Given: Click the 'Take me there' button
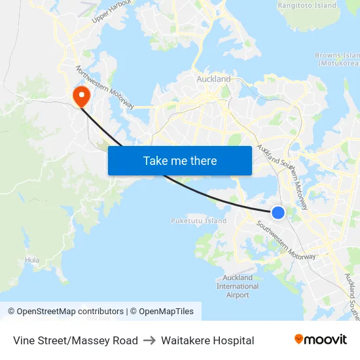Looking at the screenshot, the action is pyautogui.click(x=180, y=160).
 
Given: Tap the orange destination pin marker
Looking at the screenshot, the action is pyautogui.click(x=82, y=96).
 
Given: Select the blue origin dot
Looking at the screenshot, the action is pyautogui.click(x=278, y=212).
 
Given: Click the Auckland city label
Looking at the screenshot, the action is pyautogui.click(x=213, y=79).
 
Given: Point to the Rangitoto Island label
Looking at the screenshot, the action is pyautogui.click(x=307, y=5).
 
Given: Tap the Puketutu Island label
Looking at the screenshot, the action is pyautogui.click(x=198, y=221).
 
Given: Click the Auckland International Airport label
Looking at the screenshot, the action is pyautogui.click(x=238, y=286).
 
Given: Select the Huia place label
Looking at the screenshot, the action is pyautogui.click(x=32, y=260).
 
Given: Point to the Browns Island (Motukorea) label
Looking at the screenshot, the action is pyautogui.click(x=337, y=60).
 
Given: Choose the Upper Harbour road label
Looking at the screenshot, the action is pyautogui.click(x=112, y=11).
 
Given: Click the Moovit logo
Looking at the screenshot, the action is pyautogui.click(x=321, y=339).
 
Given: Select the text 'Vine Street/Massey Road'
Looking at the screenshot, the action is pyautogui.click(x=75, y=340).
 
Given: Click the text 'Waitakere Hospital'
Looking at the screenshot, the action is pyautogui.click(x=207, y=340).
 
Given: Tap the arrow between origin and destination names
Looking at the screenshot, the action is pyautogui.click(x=149, y=340).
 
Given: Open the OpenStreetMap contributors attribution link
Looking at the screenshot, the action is pyautogui.click(x=70, y=312).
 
